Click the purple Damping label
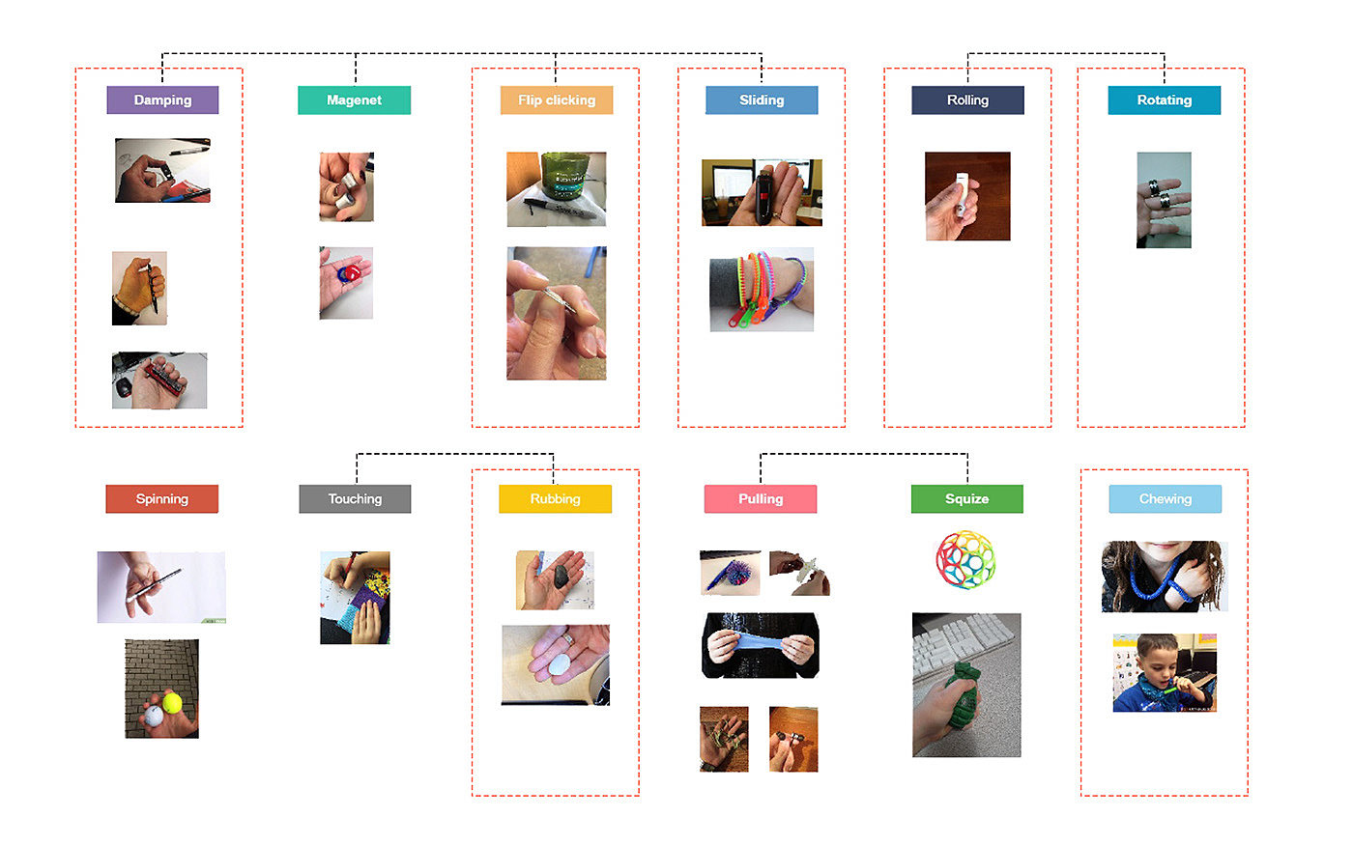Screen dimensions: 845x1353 coord(162,100)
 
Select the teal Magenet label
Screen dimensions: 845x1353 coord(354,100)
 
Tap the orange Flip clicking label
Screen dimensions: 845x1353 coord(557,100)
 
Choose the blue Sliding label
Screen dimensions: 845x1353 coord(762,100)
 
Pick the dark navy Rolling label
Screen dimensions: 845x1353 coord(967,100)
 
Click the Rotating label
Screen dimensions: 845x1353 coord(1164,100)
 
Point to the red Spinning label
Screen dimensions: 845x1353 coord(161,499)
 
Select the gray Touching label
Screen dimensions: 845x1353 coord(355,499)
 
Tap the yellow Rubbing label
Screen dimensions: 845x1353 coord(555,499)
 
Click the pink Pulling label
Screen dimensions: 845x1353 coord(761,499)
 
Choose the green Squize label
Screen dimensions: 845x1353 coord(966,499)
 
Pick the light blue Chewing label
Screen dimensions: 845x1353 coord(1165,499)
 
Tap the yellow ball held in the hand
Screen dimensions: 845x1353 coord(173,702)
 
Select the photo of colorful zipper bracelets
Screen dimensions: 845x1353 coord(762,290)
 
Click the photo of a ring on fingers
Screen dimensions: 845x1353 coord(1164,200)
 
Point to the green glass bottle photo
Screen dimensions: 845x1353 coord(557,189)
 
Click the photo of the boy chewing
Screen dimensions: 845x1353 coord(1164,673)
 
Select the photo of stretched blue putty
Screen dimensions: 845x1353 coord(761,645)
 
